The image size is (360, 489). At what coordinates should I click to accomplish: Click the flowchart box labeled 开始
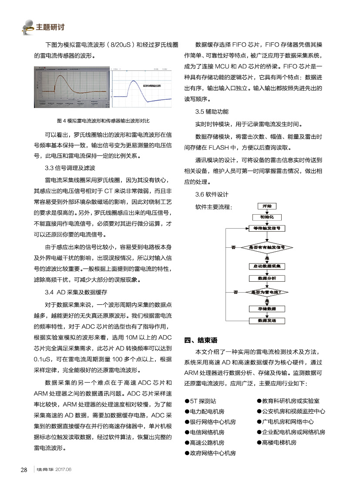click(267, 206)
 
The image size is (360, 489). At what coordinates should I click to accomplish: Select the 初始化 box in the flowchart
click(267, 217)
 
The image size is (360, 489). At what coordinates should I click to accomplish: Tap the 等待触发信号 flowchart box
click(267, 228)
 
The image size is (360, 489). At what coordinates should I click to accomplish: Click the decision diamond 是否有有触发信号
click(267, 247)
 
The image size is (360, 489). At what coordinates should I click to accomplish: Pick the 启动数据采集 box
click(267, 266)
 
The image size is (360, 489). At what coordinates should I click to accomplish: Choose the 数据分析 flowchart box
click(267, 278)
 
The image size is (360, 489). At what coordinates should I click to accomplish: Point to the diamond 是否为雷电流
click(267, 292)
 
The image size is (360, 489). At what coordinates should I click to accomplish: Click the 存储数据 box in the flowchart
click(267, 309)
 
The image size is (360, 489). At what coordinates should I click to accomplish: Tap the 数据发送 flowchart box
click(267, 321)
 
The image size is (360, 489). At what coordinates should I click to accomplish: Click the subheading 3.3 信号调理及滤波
click(70, 168)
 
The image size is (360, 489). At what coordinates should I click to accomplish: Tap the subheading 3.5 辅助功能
click(212, 112)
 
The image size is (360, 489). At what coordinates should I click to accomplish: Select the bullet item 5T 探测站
click(203, 401)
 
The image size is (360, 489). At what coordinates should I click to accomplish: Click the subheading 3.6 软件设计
click(212, 194)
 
